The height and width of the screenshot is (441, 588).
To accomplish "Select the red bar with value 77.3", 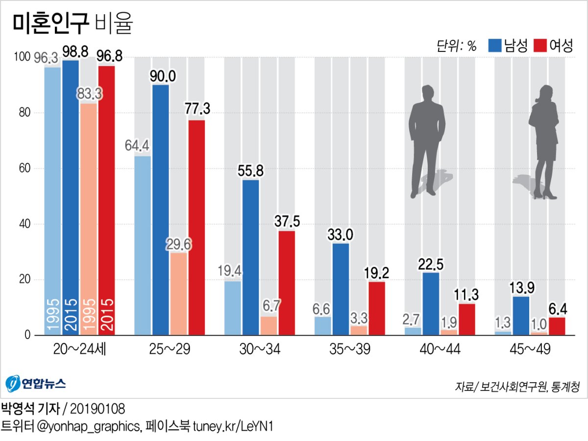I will click(196, 227).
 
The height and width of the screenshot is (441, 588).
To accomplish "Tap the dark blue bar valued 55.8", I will click(250, 257).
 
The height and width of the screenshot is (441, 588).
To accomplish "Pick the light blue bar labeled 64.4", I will click(143, 245).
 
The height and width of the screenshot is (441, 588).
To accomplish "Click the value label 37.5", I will click(287, 221).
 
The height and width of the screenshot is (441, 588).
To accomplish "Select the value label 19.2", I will click(376, 273).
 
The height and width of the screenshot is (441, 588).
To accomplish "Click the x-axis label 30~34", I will click(259, 349).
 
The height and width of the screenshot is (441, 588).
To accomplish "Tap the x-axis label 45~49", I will click(530, 349).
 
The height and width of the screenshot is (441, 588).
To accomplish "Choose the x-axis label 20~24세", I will click(79, 349).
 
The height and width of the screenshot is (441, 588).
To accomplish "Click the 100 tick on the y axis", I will click(23, 57).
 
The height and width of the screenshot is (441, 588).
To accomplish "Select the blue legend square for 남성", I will click(495, 46).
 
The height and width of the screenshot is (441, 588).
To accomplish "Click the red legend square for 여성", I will click(540, 46).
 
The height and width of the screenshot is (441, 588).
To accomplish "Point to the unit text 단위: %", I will click(456, 47).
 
